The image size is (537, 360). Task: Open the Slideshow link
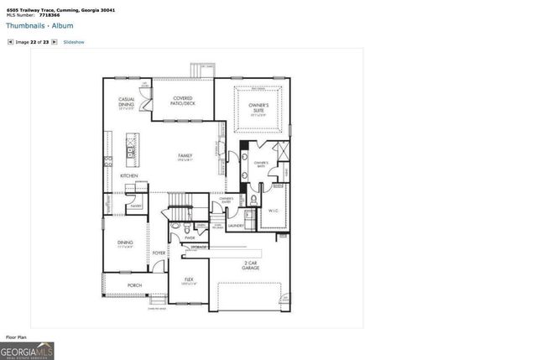(x=74, y=41)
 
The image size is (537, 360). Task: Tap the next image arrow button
(x=55, y=41)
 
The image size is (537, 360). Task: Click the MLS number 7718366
(x=50, y=15)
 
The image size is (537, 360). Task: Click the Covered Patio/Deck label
(x=184, y=101)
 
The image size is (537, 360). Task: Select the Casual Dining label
(x=128, y=102)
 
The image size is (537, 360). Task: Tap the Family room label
(x=185, y=156)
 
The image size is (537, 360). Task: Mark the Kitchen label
(x=128, y=175)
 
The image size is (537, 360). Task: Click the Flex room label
(x=189, y=279)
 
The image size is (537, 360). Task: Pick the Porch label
(x=135, y=285)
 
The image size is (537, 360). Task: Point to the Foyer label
(x=159, y=252)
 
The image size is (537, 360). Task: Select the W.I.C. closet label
(x=273, y=211)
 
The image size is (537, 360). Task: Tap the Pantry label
(x=134, y=204)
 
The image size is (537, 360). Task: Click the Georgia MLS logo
(x=28, y=350)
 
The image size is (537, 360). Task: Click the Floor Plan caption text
(x=17, y=337)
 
